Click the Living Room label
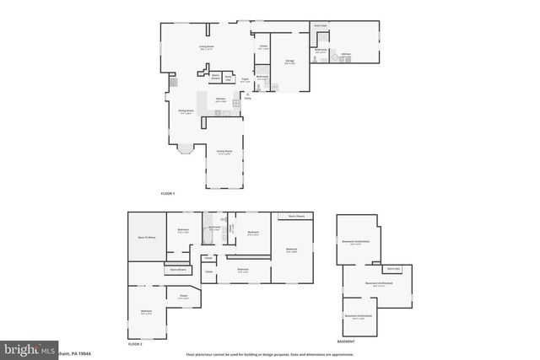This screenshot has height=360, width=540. point(206,47)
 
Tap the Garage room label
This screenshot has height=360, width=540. point(289,62)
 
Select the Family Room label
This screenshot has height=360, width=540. point(224,153)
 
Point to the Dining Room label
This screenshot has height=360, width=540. point(186,111)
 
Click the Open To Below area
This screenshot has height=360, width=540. point(146,238)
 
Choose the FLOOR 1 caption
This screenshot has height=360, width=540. point(168,194)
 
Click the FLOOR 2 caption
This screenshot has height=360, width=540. point(135,344)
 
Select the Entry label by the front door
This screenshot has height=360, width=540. point(247,99)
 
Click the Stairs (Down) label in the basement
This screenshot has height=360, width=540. point(393,268)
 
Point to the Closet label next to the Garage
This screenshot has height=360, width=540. point(263,46)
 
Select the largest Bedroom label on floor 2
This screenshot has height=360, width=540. point(291,250)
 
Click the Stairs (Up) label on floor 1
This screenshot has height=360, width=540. point(321,26)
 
